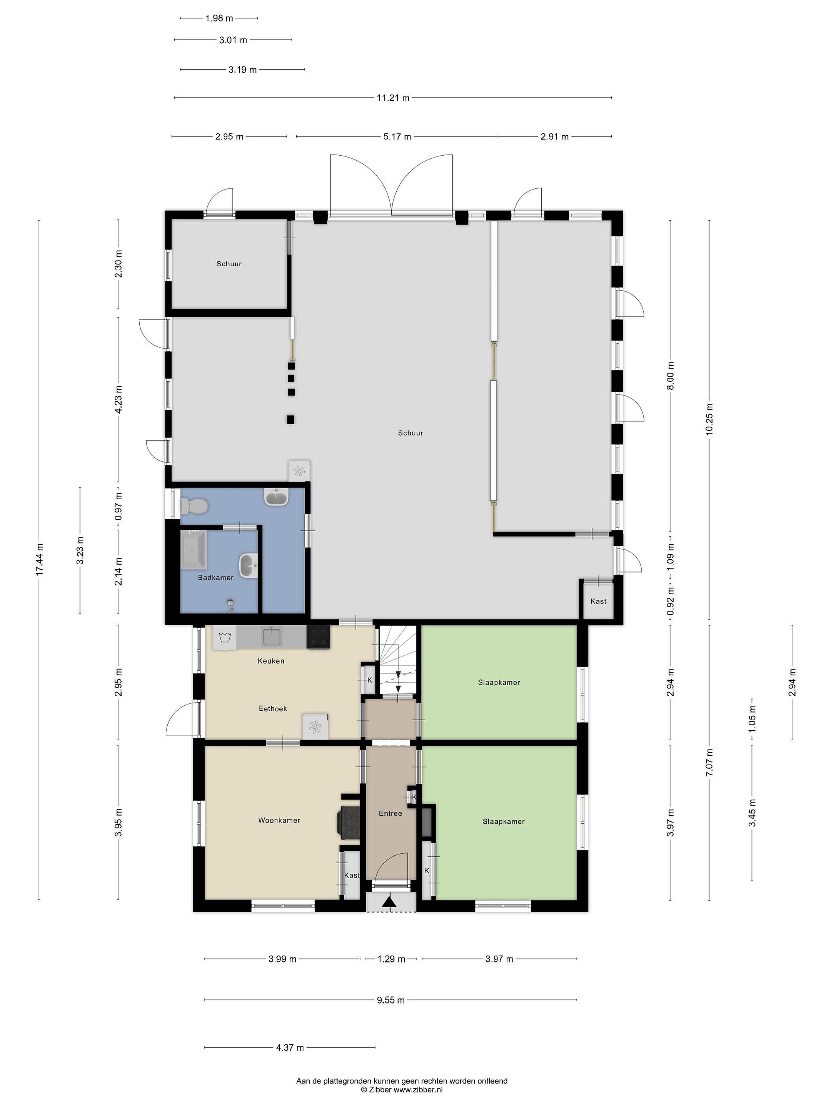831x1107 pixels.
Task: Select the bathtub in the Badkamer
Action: pyautogui.click(x=194, y=550)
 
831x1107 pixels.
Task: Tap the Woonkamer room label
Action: pyautogui.click(x=279, y=820)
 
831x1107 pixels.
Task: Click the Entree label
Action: pyautogui.click(x=390, y=813)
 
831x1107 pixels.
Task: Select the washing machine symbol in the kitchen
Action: pyautogui.click(x=224, y=638)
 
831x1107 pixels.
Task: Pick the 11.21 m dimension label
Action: pyautogui.click(x=393, y=98)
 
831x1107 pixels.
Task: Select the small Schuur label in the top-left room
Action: pyautogui.click(x=229, y=264)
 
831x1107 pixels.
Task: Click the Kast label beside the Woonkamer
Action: pyautogui.click(x=352, y=875)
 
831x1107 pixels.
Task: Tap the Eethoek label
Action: pyautogui.click(x=273, y=708)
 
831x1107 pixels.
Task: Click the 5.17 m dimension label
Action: pyautogui.click(x=397, y=136)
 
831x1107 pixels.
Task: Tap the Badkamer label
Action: pyautogui.click(x=215, y=577)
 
